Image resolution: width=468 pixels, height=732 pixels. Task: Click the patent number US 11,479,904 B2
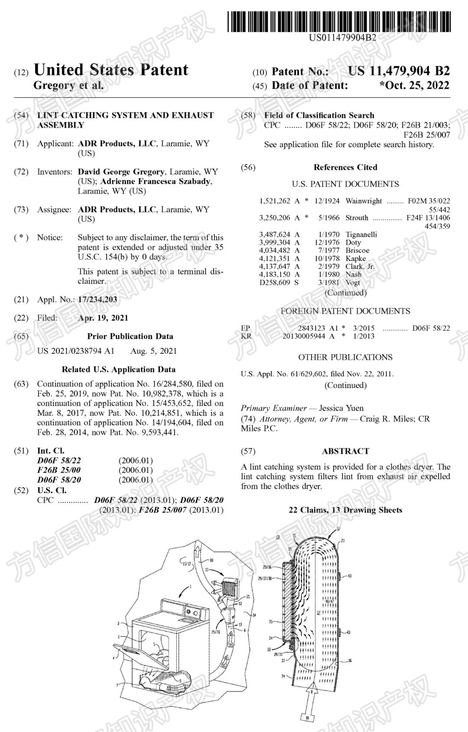coord(399,71)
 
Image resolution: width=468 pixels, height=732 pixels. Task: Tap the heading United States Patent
coord(111,70)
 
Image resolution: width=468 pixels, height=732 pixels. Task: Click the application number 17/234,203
coord(97,299)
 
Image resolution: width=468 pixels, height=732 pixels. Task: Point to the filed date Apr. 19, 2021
coord(103,318)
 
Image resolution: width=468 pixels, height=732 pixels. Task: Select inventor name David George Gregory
coord(121,172)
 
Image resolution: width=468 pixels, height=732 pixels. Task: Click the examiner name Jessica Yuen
coord(341,408)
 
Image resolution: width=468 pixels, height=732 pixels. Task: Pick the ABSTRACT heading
coord(345,451)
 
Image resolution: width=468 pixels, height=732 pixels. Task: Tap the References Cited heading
coord(345,167)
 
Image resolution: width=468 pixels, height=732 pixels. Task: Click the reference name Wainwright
coord(364,201)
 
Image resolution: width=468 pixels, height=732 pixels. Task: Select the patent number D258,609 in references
coord(275,282)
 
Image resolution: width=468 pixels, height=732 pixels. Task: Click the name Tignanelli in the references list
coord(361,234)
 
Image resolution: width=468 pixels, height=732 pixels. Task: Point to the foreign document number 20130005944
coord(304,336)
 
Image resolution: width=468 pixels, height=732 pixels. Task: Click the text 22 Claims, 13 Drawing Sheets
coord(345,510)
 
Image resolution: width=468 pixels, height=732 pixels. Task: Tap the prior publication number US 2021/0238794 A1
coord(76,351)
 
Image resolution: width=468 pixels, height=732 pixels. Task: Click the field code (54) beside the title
coord(21,115)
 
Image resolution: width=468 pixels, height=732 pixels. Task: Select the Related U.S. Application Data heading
coord(118,369)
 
